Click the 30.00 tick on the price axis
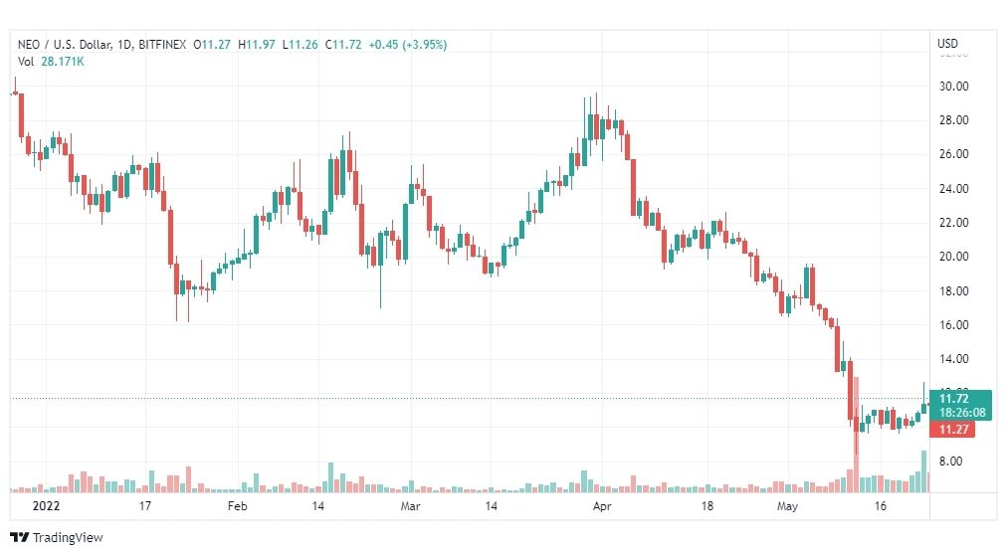click(953, 87)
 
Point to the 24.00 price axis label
click(953, 189)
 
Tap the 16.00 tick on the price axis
click(953, 325)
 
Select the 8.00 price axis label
click(950, 462)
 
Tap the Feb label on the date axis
click(237, 506)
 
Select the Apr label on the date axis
click(601, 506)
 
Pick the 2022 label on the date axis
click(47, 506)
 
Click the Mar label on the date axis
click(411, 506)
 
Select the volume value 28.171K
click(63, 62)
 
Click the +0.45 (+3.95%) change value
click(407, 45)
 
